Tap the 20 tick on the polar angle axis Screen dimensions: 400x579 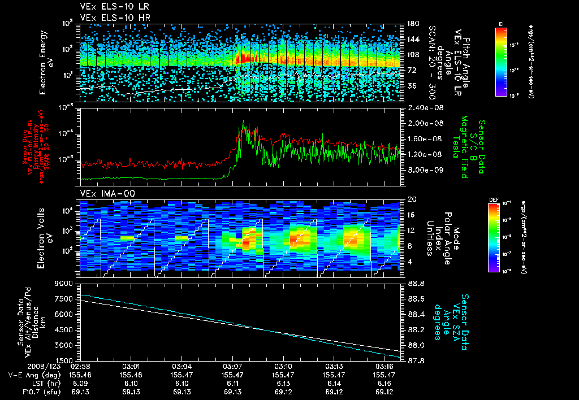411,199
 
